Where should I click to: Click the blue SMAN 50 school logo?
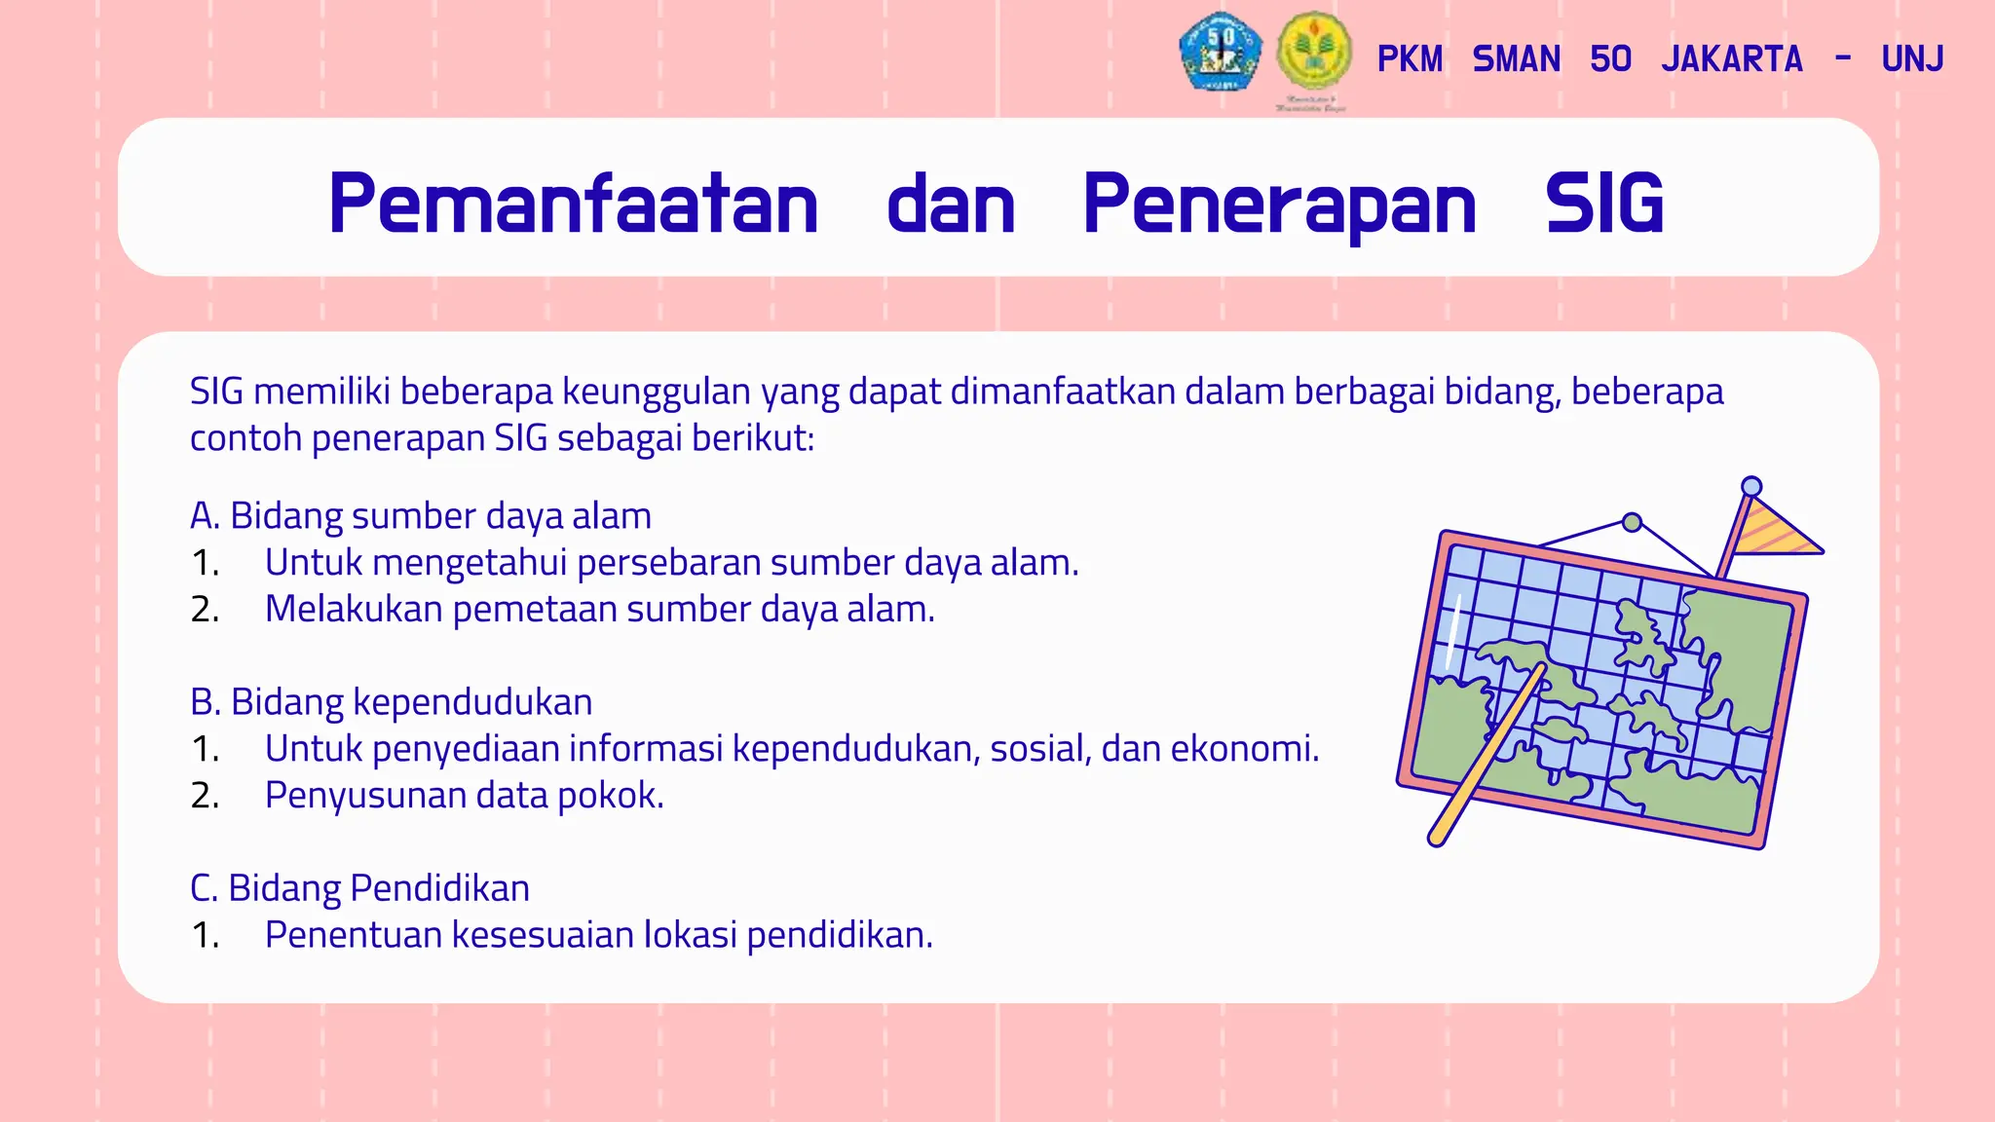1220,53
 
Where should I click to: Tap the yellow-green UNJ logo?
1314,53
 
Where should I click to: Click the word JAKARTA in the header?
1732,59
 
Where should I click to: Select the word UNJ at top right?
1912,59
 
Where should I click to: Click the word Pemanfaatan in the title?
573,204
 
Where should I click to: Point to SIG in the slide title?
1604,204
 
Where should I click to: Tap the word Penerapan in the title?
1279,204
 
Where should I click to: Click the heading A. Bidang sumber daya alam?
421,516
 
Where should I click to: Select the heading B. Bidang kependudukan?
392,702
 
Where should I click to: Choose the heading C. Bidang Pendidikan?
360,888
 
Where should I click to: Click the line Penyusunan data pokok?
464,796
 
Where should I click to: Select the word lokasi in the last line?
690,935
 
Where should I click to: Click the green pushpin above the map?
1633,522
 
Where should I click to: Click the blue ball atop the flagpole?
1751,486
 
